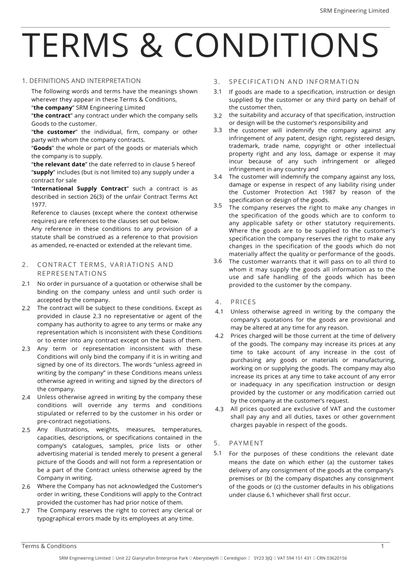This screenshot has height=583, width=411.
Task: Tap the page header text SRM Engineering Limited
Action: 354,11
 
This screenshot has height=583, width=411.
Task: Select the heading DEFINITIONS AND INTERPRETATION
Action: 85,81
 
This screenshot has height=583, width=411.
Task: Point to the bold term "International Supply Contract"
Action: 80,189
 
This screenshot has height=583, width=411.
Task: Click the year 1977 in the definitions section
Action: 38,205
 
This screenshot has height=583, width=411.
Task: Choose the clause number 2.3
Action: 26,349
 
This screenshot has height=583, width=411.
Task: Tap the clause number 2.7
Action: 26,511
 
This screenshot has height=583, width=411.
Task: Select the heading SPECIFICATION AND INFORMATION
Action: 294,82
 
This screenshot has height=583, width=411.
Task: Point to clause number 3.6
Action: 217,261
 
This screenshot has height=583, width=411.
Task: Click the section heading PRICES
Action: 243,302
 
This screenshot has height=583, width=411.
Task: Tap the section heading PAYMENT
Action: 246,443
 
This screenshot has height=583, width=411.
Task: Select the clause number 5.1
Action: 217,453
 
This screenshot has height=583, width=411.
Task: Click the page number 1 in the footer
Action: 382,546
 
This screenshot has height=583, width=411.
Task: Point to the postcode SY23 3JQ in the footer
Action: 263,558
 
